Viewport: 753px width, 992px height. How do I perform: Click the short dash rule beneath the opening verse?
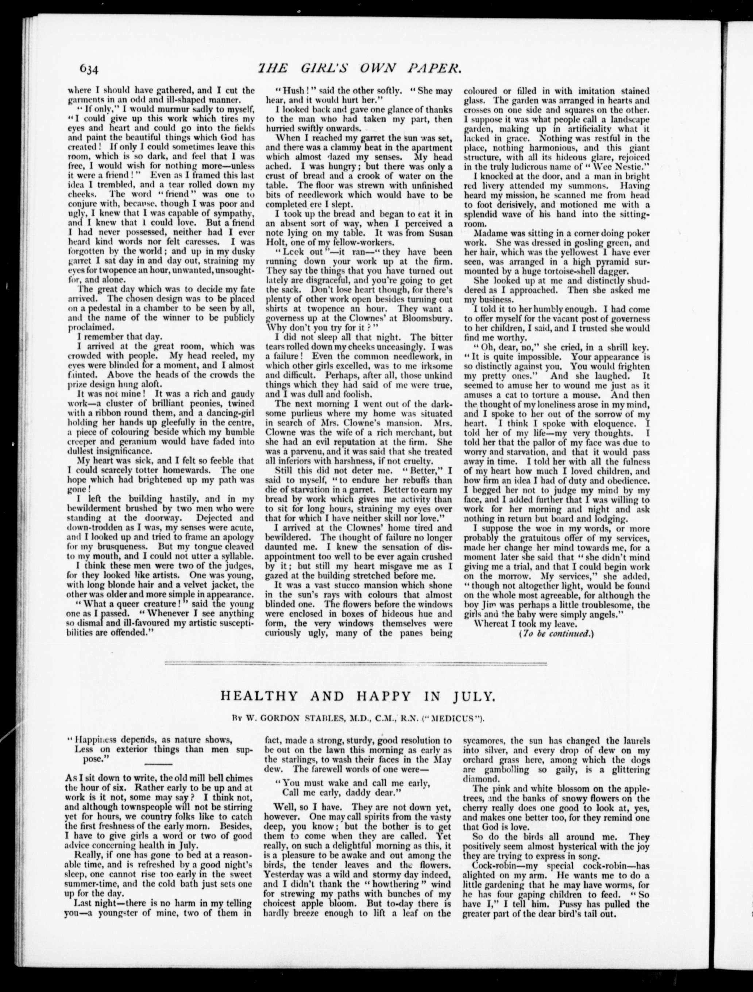[158, 764]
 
